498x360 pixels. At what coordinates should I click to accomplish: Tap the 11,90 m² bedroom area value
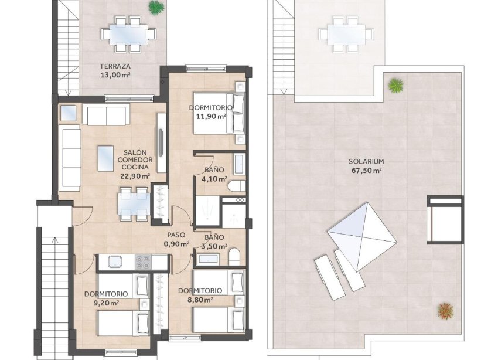tap(210, 117)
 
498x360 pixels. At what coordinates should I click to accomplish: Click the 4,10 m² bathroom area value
tap(214, 179)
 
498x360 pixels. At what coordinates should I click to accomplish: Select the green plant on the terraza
tap(156, 8)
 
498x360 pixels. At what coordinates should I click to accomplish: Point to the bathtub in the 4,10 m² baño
tap(239, 164)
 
